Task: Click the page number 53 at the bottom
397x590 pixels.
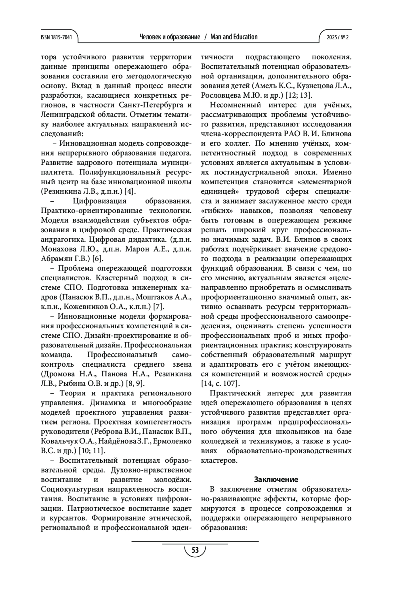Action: click(195, 550)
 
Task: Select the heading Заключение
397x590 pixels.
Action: click(276, 479)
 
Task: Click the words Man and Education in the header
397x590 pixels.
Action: click(234, 37)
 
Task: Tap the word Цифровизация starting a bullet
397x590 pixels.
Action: click(100, 201)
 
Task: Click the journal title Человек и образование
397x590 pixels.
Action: click(170, 37)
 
